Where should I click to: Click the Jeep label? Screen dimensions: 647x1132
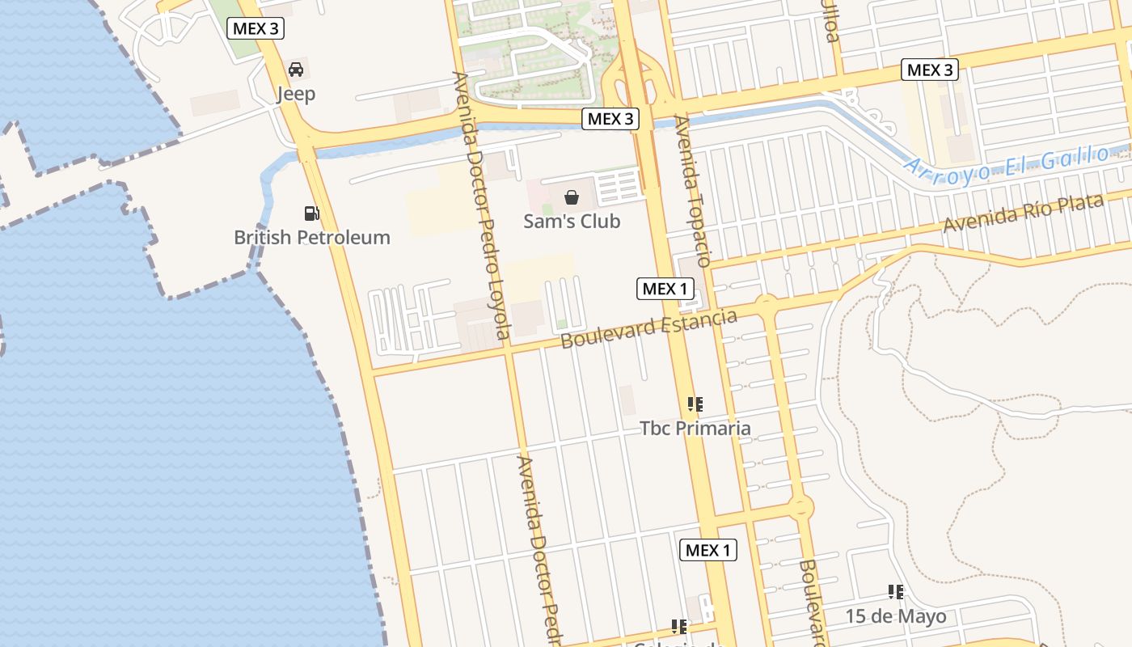pyautogui.click(x=296, y=94)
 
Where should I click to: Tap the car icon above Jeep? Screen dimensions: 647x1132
pyautogui.click(x=296, y=70)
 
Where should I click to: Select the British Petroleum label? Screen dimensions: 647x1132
pyautogui.click(x=312, y=238)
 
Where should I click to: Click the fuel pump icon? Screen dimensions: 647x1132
pyautogui.click(x=311, y=214)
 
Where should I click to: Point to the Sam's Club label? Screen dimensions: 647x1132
pyautogui.click(x=572, y=221)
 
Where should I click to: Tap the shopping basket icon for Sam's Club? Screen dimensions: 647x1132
pyautogui.click(x=572, y=197)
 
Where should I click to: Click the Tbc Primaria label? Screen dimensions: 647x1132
pyautogui.click(x=695, y=428)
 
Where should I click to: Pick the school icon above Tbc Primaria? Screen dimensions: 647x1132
pyautogui.click(x=695, y=404)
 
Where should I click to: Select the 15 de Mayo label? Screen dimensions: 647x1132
pyautogui.click(x=896, y=616)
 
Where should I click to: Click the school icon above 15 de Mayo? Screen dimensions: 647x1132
pyautogui.click(x=895, y=592)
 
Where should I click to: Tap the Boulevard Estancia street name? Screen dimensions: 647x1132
pyautogui.click(x=648, y=328)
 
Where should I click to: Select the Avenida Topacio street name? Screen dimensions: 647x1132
pyautogui.click(x=693, y=191)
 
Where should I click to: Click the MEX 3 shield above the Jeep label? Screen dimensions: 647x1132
pyautogui.click(x=256, y=29)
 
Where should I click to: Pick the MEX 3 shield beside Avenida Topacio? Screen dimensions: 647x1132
pyautogui.click(x=610, y=119)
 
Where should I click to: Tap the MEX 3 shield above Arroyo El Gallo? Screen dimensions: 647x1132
pyautogui.click(x=930, y=70)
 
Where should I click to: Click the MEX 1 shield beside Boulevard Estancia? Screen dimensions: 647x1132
pyautogui.click(x=665, y=288)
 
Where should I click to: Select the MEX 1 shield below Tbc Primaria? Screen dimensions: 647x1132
pyautogui.click(x=707, y=551)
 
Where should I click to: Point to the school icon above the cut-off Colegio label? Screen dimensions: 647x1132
pyautogui.click(x=679, y=626)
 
